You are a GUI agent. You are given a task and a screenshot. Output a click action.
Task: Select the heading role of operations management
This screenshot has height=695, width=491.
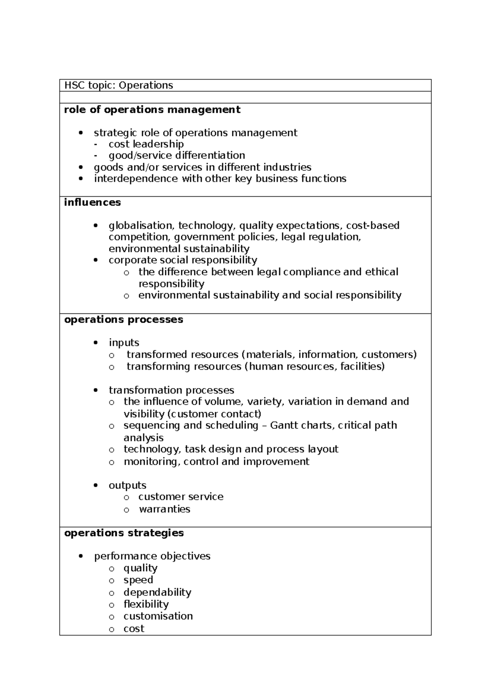[x=152, y=109]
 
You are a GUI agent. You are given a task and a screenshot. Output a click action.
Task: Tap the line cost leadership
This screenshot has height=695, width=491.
[x=146, y=144]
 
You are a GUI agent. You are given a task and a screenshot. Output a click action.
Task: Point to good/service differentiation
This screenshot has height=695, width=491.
[x=177, y=155]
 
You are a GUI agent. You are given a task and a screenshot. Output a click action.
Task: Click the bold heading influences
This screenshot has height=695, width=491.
[x=92, y=202]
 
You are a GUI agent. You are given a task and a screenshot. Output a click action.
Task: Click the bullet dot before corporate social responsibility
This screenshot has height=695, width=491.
[x=96, y=260]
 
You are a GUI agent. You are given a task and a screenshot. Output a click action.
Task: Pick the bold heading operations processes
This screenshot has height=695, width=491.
[x=124, y=320]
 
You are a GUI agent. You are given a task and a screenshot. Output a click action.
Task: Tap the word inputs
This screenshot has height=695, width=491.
[x=124, y=343]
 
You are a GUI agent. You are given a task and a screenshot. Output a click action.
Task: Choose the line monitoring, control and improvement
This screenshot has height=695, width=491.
[x=216, y=461]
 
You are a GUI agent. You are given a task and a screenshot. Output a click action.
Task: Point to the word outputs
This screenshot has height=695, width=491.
[x=127, y=485]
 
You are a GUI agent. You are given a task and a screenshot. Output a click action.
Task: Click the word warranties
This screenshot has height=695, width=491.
[x=164, y=509]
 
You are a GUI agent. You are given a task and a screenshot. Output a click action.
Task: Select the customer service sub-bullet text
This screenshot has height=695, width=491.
[x=181, y=497]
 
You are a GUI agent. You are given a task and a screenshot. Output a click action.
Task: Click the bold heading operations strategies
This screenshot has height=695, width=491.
[x=124, y=533]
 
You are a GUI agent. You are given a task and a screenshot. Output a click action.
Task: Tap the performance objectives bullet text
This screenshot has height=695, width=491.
[x=152, y=556]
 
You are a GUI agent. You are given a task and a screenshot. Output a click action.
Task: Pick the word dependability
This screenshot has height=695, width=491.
[x=158, y=592]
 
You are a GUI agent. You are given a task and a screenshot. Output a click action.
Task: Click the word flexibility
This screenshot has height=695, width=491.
[x=146, y=604]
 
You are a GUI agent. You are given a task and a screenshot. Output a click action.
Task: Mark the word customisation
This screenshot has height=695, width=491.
[x=158, y=616]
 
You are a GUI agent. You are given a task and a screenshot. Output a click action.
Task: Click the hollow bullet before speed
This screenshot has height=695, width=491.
[x=112, y=581]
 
